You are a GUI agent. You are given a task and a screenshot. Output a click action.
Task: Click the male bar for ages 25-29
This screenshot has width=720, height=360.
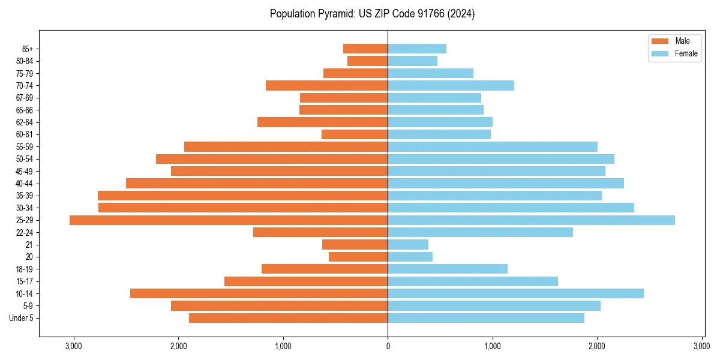coord(228,220)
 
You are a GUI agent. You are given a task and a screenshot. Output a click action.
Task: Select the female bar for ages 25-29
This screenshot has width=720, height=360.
coord(531,220)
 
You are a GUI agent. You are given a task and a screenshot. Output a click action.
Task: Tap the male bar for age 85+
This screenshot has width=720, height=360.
coord(365,49)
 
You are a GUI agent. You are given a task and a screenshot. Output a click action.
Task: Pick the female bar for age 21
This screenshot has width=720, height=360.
coord(408,245)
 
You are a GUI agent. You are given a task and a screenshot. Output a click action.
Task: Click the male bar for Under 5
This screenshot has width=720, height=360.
coord(288,318)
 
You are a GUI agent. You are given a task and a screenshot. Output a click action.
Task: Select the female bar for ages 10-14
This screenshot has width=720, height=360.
coord(515,293)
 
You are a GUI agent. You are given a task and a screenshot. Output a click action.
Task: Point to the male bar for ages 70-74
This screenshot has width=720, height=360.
coord(326,86)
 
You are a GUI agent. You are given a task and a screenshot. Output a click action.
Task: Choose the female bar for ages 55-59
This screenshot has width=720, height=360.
coord(493,147)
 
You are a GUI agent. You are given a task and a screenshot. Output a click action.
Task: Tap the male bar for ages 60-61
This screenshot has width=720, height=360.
coord(355,134)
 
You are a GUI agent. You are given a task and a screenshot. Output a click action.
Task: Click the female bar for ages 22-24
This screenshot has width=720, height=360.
coord(480,232)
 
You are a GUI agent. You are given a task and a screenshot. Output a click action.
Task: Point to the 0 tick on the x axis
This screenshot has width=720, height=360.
coord(388,346)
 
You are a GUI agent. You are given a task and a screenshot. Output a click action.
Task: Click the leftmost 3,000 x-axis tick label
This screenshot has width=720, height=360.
coord(73,346)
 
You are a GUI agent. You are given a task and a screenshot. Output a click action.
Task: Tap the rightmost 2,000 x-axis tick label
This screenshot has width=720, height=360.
coord(597,346)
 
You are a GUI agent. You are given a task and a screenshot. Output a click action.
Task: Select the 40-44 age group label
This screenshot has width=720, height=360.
coord(25,184)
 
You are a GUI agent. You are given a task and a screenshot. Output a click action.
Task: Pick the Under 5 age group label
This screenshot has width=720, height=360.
coord(22,318)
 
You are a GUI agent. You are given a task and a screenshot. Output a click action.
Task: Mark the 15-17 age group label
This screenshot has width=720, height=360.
coord(25,281)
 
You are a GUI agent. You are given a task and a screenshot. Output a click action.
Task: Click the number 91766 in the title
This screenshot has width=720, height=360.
coord(433,14)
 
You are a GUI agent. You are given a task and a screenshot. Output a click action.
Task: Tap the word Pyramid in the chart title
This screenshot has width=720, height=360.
coord(338,14)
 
